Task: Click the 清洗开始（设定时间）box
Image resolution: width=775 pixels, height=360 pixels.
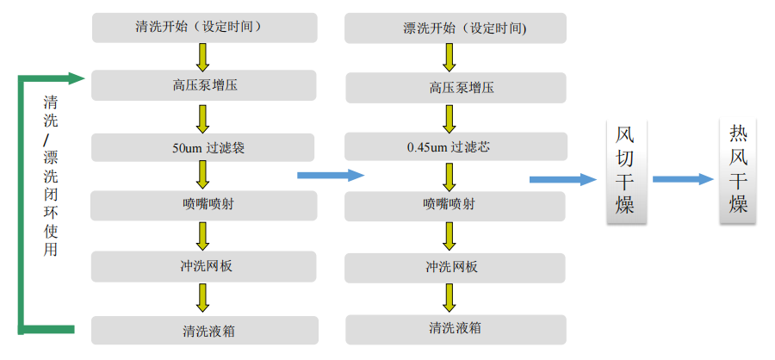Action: (204, 28)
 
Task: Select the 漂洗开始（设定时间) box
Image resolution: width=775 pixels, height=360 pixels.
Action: (456, 28)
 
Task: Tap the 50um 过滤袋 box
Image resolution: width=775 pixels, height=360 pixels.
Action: (204, 147)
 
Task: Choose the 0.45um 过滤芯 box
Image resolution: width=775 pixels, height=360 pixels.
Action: (456, 147)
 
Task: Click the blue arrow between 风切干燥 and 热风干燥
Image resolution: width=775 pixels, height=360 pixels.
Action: (683, 179)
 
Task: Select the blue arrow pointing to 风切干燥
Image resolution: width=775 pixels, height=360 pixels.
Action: (562, 179)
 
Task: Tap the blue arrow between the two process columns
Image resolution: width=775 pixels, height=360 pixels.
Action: (331, 175)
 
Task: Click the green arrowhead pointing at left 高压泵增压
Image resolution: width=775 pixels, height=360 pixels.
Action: (77, 78)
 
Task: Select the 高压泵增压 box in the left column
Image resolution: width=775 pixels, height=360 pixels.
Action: (204, 85)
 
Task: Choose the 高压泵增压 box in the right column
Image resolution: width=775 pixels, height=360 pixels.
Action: (456, 87)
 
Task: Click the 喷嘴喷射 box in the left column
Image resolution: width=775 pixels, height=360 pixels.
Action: (204, 205)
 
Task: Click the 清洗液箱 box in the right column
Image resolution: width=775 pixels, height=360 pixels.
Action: (456, 328)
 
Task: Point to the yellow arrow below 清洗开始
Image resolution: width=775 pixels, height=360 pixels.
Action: (203, 57)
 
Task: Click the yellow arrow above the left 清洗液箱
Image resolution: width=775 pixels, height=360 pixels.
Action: (203, 298)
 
